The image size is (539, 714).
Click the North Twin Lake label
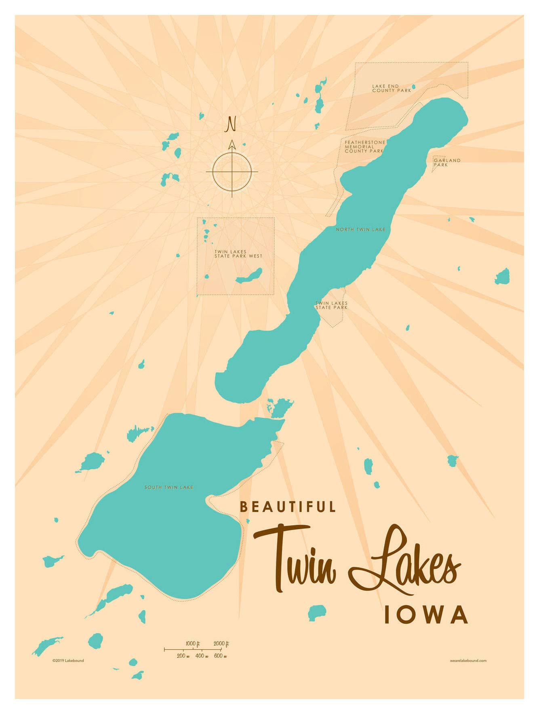[360, 230]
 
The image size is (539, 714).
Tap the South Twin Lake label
[169, 488]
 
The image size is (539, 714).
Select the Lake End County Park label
[391, 88]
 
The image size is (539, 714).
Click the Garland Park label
[446, 163]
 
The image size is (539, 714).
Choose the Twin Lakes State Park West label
[238, 254]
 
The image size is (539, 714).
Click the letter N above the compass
[231, 124]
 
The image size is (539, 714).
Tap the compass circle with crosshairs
[232, 171]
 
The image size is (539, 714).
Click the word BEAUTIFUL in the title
[288, 507]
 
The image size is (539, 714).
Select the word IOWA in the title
[426, 615]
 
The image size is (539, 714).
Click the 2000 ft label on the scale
[221, 644]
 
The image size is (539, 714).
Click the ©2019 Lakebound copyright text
[68, 661]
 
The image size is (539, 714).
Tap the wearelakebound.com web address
[468, 661]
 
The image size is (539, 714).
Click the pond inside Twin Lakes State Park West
[249, 277]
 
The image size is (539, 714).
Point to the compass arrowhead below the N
[232, 144]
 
